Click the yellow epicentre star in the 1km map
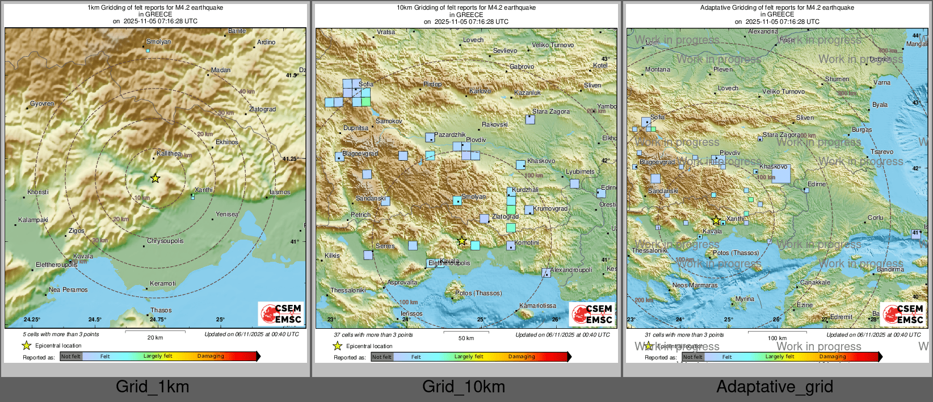click(x=155, y=178)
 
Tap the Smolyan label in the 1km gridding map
click(x=158, y=42)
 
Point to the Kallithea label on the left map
click(x=169, y=154)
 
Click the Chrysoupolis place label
click(x=165, y=241)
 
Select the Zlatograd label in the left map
click(x=262, y=110)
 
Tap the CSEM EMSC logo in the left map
click(x=281, y=313)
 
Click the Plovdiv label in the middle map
click(x=476, y=140)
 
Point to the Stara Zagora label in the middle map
click(x=550, y=112)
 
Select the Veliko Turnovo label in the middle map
click(x=553, y=45)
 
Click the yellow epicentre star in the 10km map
click(x=462, y=241)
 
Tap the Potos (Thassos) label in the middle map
click(x=478, y=294)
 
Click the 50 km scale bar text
click(x=466, y=338)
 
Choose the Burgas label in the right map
click(x=861, y=130)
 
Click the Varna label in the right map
click(x=882, y=83)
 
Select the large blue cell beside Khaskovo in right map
click(x=781, y=174)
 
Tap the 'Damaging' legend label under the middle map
click(x=522, y=357)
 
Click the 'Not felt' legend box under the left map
click(x=71, y=357)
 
